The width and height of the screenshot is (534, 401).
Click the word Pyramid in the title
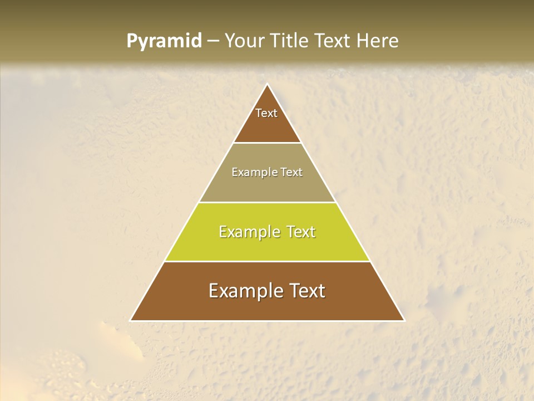pyautogui.click(x=164, y=41)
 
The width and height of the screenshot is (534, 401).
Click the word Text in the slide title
pyautogui.click(x=335, y=41)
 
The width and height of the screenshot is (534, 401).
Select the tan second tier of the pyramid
pyautogui.click(x=267, y=187)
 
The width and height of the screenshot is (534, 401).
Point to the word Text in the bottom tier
pyautogui.click(x=305, y=291)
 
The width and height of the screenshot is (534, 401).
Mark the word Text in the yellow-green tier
pyautogui.click(x=298, y=232)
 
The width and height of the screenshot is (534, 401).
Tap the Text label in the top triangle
pyautogui.click(x=266, y=113)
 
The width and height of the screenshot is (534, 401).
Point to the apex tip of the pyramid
pyautogui.click(x=267, y=85)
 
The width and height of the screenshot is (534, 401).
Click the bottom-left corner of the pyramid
pyautogui.click(x=131, y=320)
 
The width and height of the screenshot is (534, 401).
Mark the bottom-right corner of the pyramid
pyautogui.click(x=403, y=320)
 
